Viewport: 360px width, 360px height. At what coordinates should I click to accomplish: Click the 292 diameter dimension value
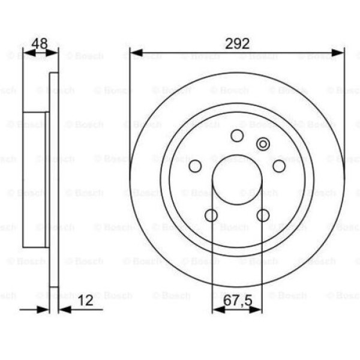click(237, 43)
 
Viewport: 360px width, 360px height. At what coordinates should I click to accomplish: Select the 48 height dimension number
click(40, 43)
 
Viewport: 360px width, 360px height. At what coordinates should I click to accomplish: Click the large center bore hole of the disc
click(237, 186)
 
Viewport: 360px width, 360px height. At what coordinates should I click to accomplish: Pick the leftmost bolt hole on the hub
click(195, 166)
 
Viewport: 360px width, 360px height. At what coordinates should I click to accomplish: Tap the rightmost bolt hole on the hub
click(279, 166)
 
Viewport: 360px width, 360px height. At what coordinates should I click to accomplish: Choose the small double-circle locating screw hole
click(263, 144)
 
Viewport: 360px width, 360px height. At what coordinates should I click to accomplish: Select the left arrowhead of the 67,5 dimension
click(217, 310)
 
